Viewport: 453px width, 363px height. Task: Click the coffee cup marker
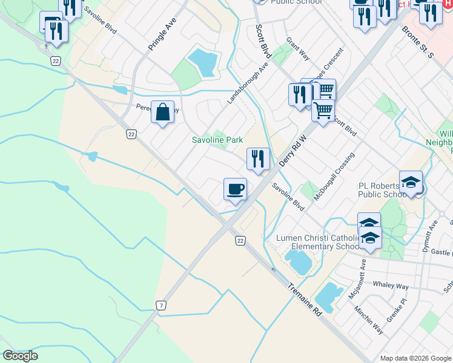(235, 189)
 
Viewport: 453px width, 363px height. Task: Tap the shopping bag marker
(162, 112)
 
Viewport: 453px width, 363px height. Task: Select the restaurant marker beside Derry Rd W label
(258, 159)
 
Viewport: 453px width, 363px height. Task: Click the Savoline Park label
(217, 140)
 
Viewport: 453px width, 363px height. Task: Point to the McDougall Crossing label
(334, 176)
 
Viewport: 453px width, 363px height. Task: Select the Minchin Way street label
(369, 320)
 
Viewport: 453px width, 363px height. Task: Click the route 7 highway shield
(160, 306)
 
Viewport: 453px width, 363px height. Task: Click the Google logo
(21, 356)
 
